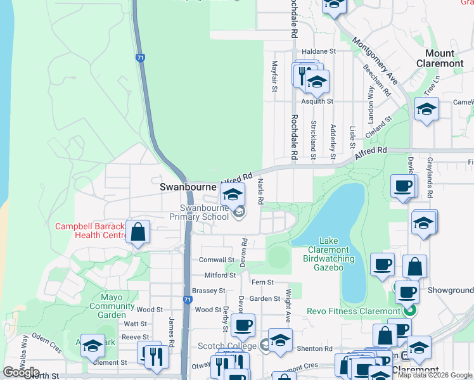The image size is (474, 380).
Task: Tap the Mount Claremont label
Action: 444,58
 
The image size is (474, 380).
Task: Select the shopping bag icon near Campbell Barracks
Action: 138,232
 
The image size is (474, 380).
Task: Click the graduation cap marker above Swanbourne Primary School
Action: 233,194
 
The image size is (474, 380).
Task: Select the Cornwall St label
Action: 217,260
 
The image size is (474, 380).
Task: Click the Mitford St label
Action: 220,275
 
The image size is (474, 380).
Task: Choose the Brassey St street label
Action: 208,291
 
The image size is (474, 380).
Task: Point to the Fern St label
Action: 262,282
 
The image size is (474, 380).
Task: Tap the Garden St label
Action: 264,298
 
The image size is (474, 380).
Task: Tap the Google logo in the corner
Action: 21,372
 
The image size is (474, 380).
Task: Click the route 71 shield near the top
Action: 139,58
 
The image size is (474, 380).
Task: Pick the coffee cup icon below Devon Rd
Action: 242,326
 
